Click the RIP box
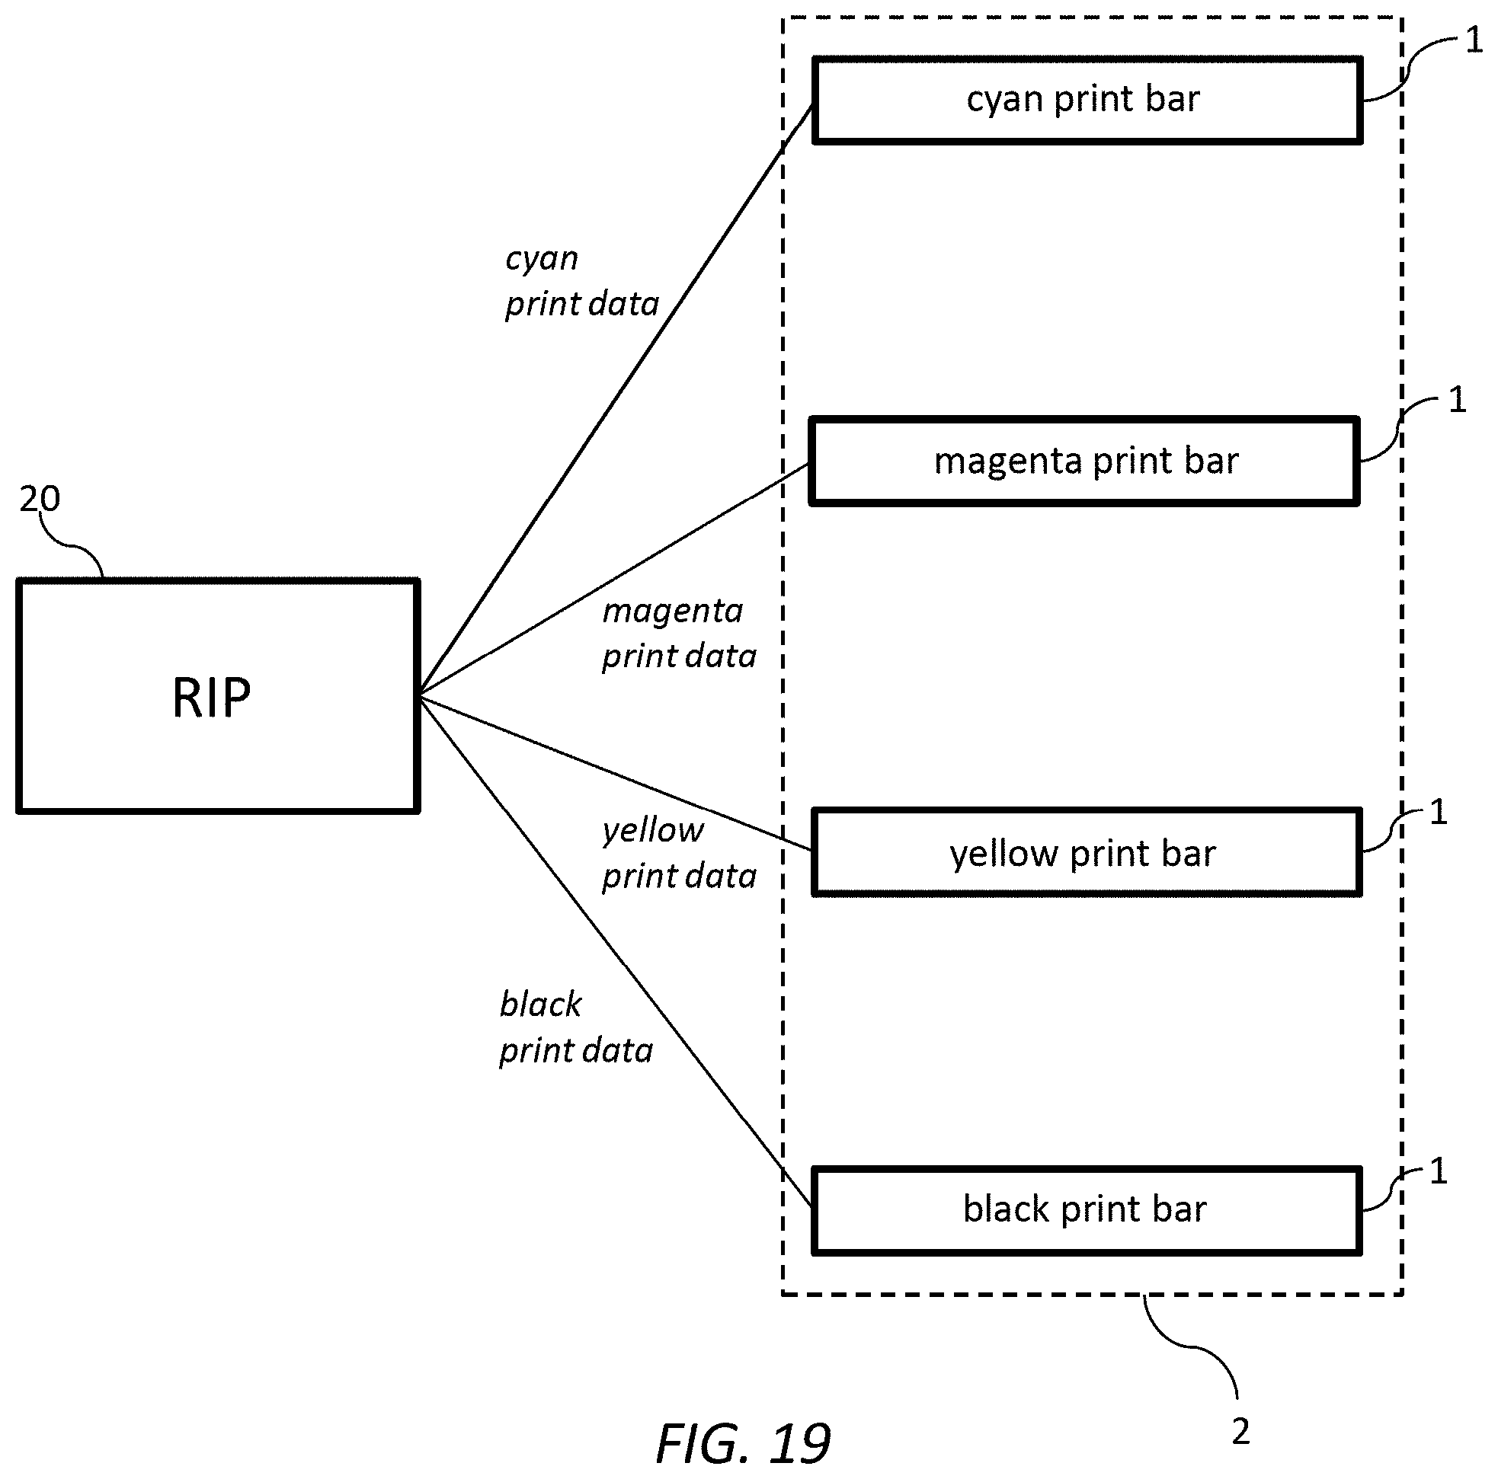click(218, 695)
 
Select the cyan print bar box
click(1087, 100)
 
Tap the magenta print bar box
click(1084, 462)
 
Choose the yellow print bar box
click(1087, 853)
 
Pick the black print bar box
click(1087, 1210)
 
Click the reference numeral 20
click(40, 498)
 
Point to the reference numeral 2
click(1240, 1432)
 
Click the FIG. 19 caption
click(743, 1443)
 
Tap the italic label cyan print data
click(581, 282)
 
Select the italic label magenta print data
click(679, 634)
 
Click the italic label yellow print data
click(679, 854)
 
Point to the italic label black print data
click(576, 1028)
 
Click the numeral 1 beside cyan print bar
click(1473, 40)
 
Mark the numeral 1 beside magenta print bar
click(1457, 399)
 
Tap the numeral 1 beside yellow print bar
click(1438, 812)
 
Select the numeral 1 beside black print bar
click(1438, 1171)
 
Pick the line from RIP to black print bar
click(616, 953)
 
